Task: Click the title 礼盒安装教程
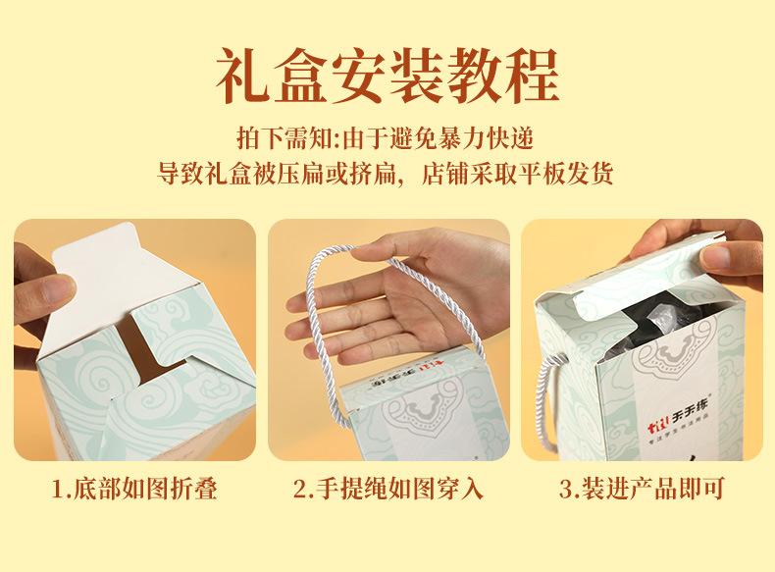pyautogui.click(x=387, y=76)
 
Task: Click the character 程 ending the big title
pyautogui.click(x=533, y=76)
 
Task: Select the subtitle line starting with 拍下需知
pyautogui.click(x=386, y=138)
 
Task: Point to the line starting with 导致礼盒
pyautogui.click(x=385, y=173)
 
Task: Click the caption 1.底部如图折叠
pyautogui.click(x=134, y=489)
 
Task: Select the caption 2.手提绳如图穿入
pyautogui.click(x=388, y=489)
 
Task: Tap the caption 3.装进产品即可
pyautogui.click(x=642, y=489)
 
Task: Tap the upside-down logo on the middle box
pyautogui.click(x=395, y=377)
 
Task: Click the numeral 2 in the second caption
pyautogui.click(x=300, y=490)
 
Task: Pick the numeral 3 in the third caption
pyautogui.click(x=566, y=490)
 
